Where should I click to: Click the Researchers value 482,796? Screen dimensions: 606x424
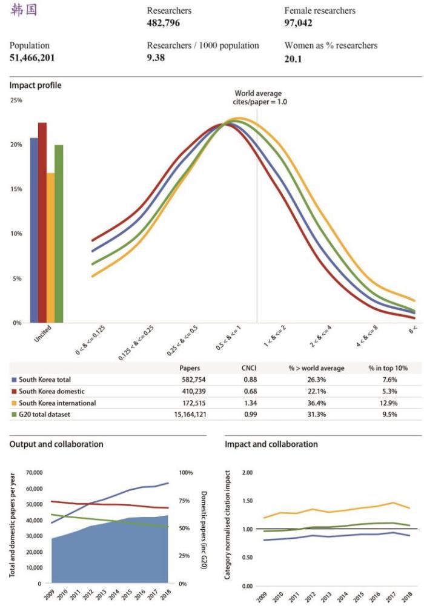(x=164, y=23)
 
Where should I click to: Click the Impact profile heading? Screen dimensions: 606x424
(x=35, y=86)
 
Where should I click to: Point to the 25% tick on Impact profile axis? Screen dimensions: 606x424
(x=16, y=100)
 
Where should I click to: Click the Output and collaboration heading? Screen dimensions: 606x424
(x=56, y=444)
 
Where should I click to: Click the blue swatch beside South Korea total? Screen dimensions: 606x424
(x=14, y=380)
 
